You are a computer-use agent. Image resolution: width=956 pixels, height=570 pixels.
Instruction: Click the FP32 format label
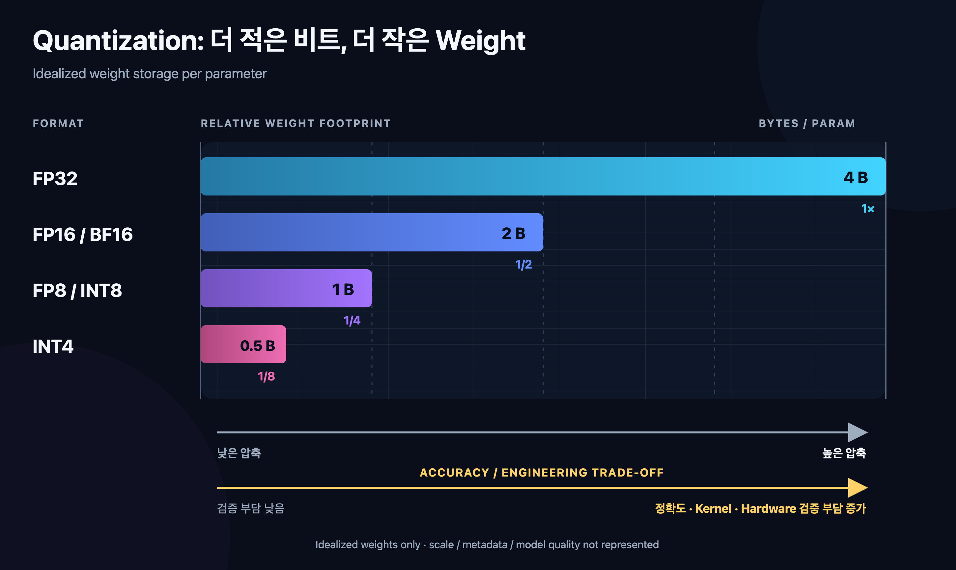pyautogui.click(x=55, y=179)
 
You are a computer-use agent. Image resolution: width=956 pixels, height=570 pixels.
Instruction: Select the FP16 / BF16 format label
pyautogui.click(x=83, y=235)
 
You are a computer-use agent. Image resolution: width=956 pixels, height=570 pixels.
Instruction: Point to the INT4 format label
pyautogui.click(x=53, y=347)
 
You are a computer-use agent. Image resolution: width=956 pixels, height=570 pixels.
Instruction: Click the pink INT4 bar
pyautogui.click(x=243, y=344)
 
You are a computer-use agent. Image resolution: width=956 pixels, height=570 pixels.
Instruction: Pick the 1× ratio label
pyautogui.click(x=868, y=209)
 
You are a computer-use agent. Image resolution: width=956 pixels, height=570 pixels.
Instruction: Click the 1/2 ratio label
pyautogui.click(x=523, y=264)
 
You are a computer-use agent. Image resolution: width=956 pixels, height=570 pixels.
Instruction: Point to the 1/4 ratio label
pyautogui.click(x=352, y=320)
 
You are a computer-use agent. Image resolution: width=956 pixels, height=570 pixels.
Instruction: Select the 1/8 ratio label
pyautogui.click(x=267, y=376)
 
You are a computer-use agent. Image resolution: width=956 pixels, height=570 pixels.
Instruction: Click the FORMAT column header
pyautogui.click(x=58, y=123)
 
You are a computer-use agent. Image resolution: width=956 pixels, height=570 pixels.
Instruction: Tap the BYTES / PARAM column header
pyautogui.click(x=807, y=123)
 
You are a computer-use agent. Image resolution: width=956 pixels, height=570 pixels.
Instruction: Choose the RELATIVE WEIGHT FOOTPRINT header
pyautogui.click(x=295, y=123)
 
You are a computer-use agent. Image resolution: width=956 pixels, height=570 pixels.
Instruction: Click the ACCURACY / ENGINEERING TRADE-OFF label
pyautogui.click(x=542, y=473)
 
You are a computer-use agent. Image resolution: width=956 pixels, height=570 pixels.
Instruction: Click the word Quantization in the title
pyautogui.click(x=118, y=41)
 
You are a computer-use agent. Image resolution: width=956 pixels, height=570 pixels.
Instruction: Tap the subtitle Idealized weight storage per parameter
pyautogui.click(x=150, y=74)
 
